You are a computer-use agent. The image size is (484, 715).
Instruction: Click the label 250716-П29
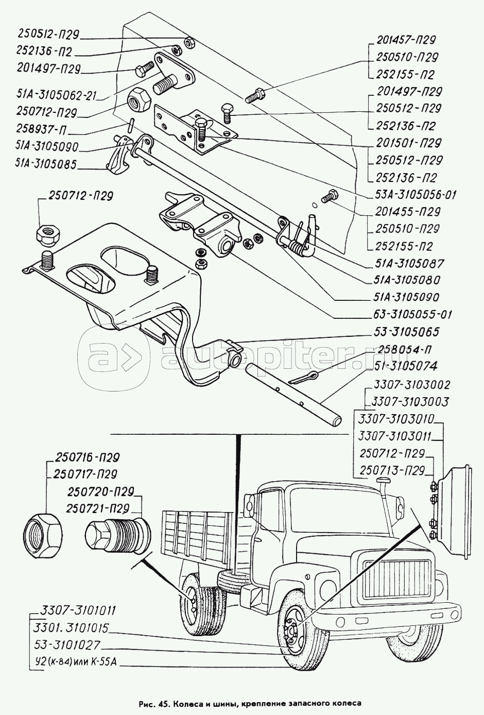coord(85,457)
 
